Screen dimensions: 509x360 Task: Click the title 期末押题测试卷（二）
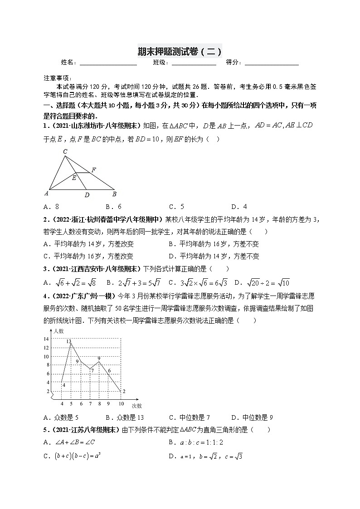click(180, 51)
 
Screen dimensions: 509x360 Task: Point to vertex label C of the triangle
click(65, 151)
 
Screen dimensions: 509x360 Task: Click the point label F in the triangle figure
click(93, 170)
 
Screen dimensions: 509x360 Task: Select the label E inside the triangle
click(74, 178)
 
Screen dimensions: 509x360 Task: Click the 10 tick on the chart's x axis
click(121, 403)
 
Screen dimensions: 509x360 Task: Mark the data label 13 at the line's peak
click(68, 341)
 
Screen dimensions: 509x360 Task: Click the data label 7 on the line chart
click(92, 371)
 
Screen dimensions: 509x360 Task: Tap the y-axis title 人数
click(58, 331)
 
